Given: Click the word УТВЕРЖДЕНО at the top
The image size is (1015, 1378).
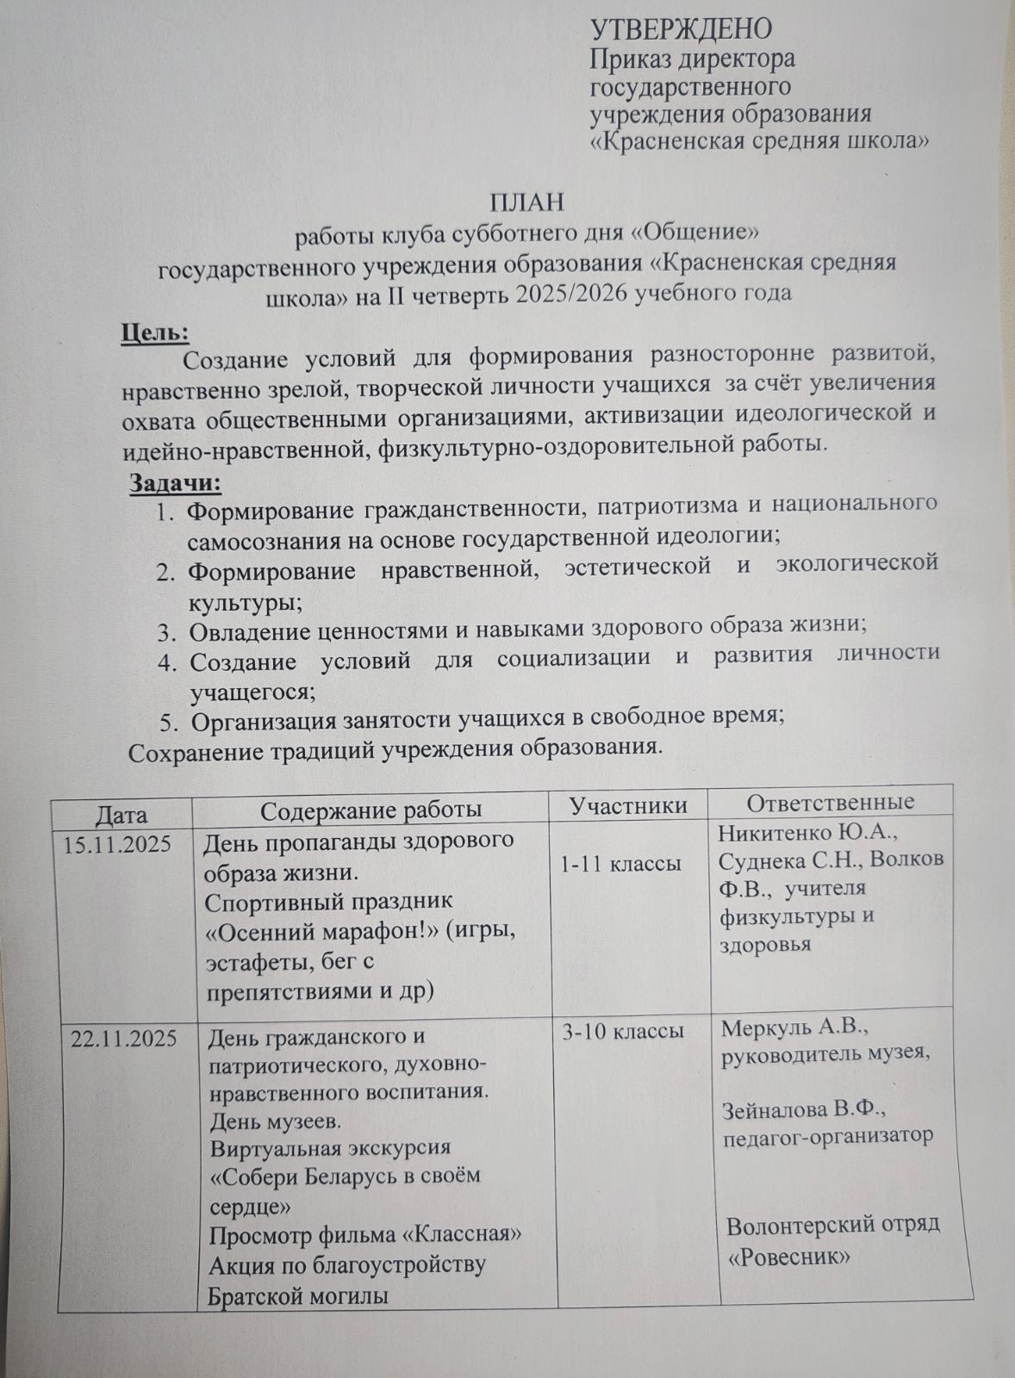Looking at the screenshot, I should click(x=681, y=29).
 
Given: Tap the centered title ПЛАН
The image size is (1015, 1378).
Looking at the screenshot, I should click(x=526, y=202).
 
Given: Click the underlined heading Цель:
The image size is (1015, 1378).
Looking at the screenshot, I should click(x=155, y=332).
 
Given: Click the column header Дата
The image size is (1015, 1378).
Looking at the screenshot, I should click(x=121, y=814).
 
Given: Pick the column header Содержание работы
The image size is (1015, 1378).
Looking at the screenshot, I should click(x=371, y=810).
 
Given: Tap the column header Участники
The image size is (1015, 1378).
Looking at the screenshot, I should click(x=628, y=805).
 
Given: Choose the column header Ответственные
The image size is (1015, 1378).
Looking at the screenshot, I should click(x=830, y=802).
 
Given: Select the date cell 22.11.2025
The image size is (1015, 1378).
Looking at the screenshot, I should click(x=123, y=1039).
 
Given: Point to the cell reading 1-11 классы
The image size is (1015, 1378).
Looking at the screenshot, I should click(x=620, y=863).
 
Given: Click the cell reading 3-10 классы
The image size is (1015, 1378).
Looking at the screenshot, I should click(x=623, y=1031).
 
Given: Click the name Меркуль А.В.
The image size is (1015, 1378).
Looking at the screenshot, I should click(x=793, y=1027).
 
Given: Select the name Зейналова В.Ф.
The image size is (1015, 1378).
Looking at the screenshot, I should click(x=804, y=1108).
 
